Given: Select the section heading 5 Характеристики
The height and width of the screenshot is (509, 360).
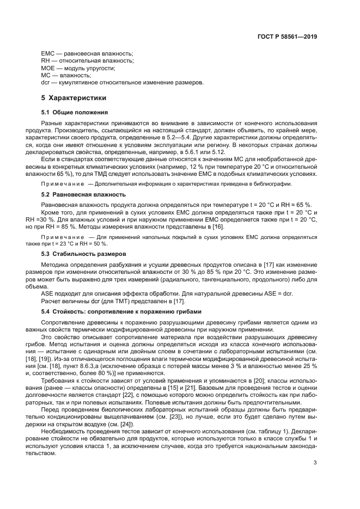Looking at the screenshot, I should tap(74, 98).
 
